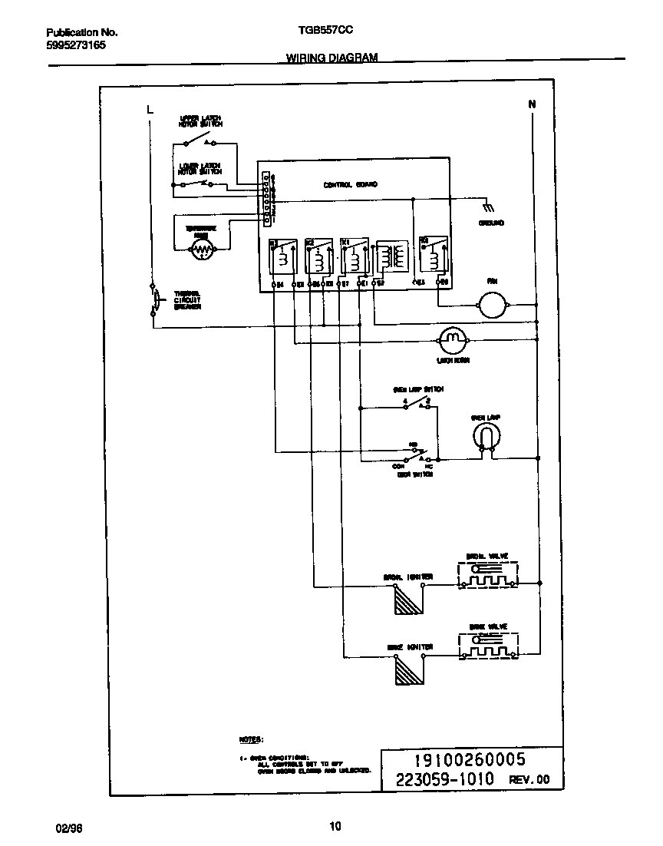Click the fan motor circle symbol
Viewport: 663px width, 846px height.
489,306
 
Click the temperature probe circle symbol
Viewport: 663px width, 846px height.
202,248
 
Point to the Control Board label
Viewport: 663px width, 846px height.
350,185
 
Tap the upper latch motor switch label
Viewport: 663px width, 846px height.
201,121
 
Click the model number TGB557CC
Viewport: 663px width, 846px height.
325,33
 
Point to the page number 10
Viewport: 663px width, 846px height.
335,827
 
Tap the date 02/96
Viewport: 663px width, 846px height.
68,828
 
